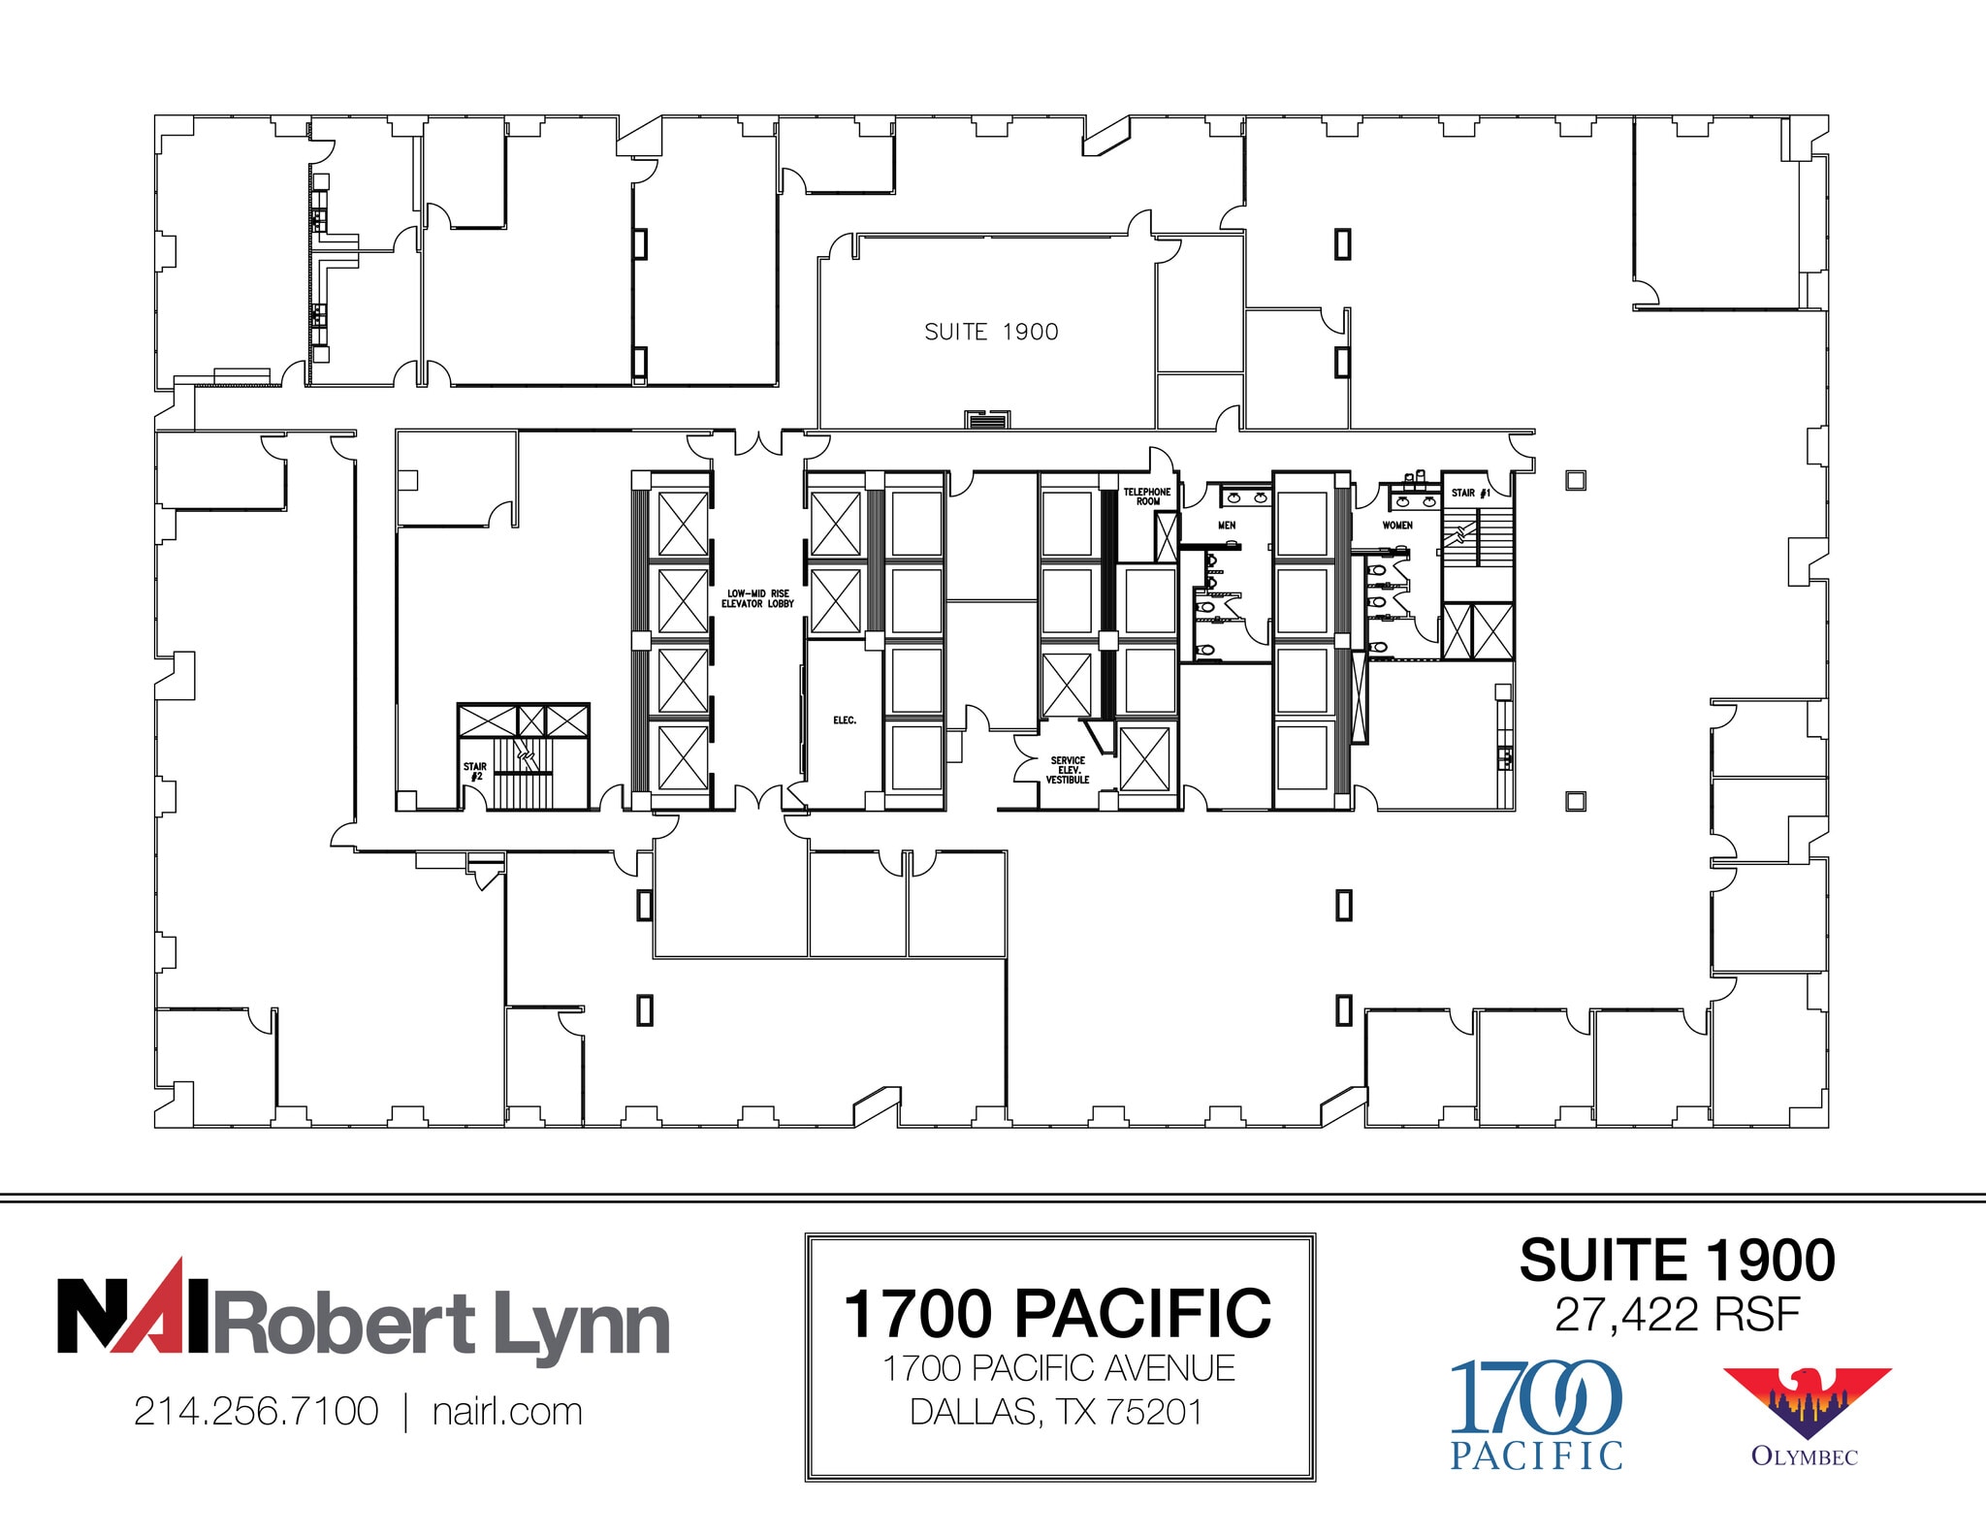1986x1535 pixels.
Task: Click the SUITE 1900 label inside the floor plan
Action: coord(991,333)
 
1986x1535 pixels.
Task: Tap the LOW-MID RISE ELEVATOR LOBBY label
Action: coord(757,598)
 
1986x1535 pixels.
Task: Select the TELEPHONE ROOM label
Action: coord(1147,496)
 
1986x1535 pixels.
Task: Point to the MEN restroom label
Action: coord(1227,526)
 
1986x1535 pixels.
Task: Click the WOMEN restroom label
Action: coord(1396,526)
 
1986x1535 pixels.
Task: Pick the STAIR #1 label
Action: coord(1470,493)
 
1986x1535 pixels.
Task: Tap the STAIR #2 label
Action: coord(474,771)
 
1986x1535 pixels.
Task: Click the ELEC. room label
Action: coord(845,720)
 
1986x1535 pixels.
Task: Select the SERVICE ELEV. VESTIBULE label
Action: coord(1067,770)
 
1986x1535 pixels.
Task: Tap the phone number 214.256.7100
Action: coord(256,1412)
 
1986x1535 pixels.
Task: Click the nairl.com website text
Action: coord(507,1412)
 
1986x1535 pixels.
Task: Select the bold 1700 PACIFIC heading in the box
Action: coord(1057,1314)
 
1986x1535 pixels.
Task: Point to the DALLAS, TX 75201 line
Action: coord(1057,1412)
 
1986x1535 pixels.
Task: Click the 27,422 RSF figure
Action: coord(1677,1315)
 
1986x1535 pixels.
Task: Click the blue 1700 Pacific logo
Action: coord(1536,1415)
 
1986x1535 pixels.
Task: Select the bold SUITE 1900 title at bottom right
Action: coord(1677,1261)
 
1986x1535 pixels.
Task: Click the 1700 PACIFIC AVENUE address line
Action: coord(1058,1368)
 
